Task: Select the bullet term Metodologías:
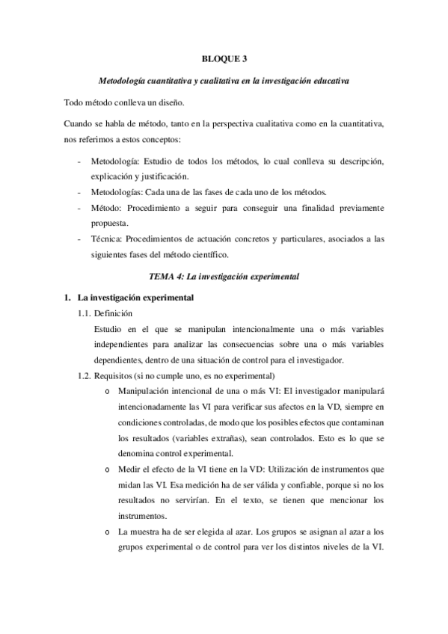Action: tap(117, 192)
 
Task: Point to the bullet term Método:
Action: tap(107, 207)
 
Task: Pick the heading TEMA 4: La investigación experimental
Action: tap(224, 276)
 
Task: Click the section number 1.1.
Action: tap(85, 313)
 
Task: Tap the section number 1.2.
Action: tap(85, 375)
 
